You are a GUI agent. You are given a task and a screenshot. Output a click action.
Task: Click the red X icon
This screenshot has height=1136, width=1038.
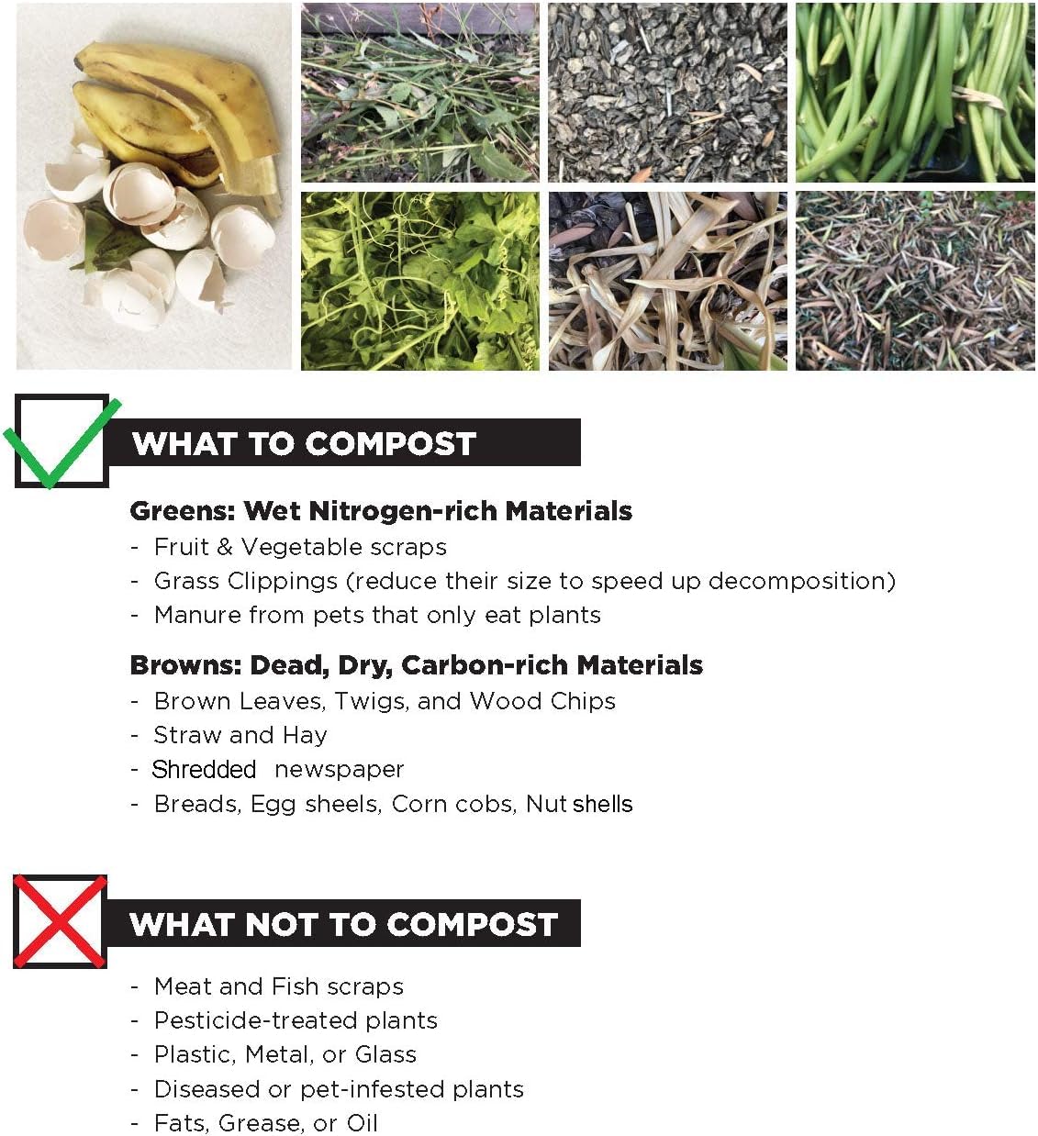(x=60, y=921)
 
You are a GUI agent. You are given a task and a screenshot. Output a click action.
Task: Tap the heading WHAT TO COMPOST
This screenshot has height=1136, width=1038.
(x=304, y=443)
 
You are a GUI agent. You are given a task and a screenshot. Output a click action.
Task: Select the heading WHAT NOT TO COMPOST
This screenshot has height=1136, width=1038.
(x=343, y=924)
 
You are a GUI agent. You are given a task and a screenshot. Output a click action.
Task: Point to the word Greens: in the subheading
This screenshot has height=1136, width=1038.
(x=182, y=510)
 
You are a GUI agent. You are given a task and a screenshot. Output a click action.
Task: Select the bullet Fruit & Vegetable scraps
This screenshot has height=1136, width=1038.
(x=300, y=547)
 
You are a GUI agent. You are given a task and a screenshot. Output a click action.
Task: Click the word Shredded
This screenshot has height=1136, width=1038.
(x=204, y=769)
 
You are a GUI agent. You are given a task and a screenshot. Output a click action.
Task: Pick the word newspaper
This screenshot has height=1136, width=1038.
(x=339, y=769)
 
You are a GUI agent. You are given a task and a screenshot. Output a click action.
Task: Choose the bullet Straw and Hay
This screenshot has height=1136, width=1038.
(x=240, y=735)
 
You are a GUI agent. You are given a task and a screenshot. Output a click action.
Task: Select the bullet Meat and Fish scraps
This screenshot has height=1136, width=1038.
(x=278, y=986)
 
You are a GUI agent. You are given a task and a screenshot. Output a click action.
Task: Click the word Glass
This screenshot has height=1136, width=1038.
(x=385, y=1054)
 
